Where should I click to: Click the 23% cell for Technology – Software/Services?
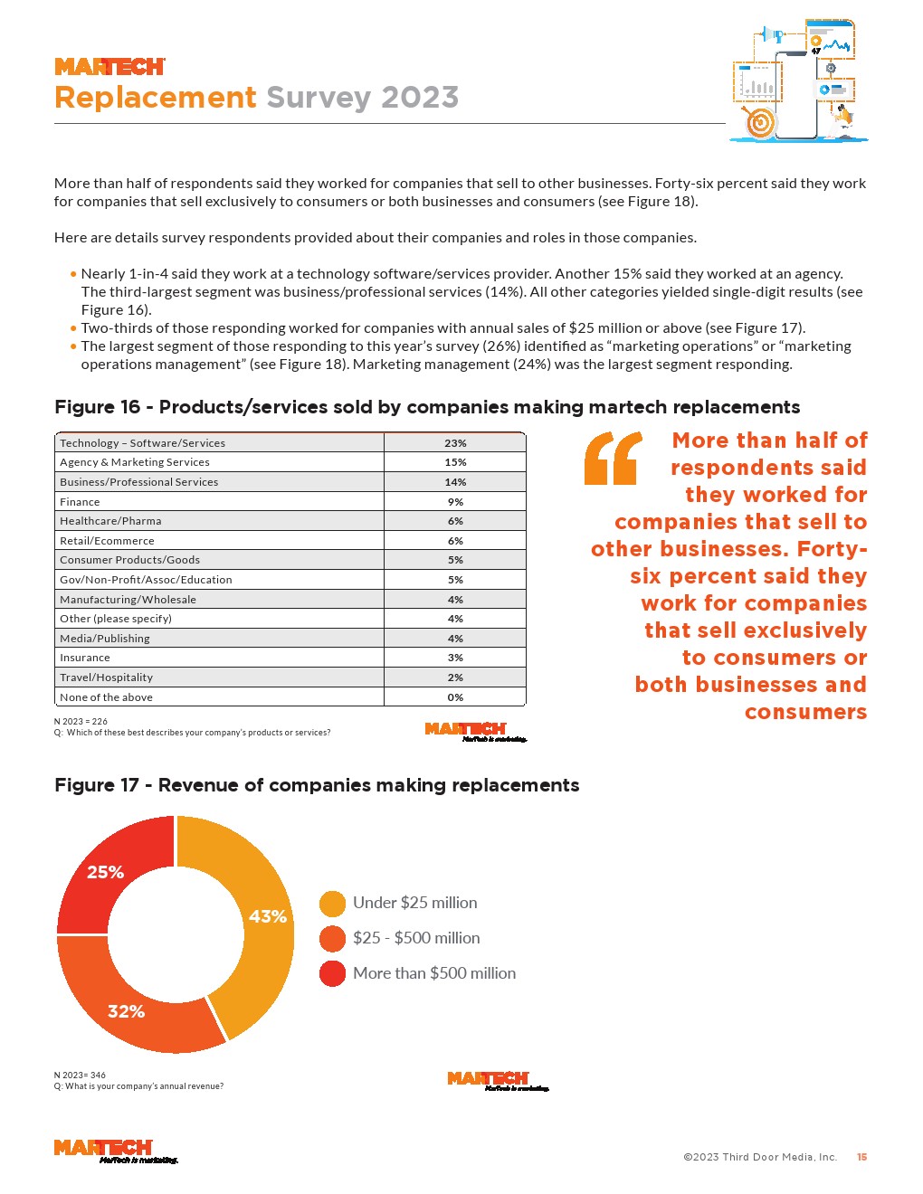[455, 443]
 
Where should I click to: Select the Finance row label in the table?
[80, 502]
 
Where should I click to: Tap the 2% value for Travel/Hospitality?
[455, 678]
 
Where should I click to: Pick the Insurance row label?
[85, 658]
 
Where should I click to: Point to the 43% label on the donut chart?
[268, 916]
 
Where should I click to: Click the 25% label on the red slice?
[105, 872]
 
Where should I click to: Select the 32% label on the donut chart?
[126, 1011]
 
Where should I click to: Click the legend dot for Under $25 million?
[332, 904]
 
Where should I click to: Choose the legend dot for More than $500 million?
[332, 973]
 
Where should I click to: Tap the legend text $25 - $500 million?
[416, 938]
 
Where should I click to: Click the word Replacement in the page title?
[156, 97]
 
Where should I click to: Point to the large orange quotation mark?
[614, 458]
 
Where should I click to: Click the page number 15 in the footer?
[861, 1157]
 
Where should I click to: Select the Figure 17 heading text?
[317, 785]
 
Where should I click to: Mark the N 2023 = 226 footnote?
[81, 722]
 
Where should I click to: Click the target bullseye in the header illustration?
[760, 123]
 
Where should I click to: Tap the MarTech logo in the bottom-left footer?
[103, 1149]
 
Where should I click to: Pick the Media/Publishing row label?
[105, 639]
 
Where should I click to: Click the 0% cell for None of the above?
[455, 697]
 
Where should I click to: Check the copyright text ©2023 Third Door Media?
[760, 1157]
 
